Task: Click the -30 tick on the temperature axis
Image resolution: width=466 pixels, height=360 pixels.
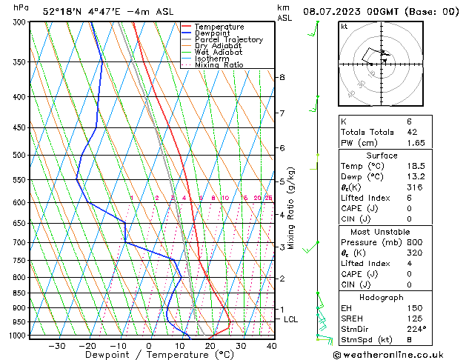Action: (x=56, y=346)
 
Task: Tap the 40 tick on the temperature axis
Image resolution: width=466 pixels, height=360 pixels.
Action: (x=271, y=346)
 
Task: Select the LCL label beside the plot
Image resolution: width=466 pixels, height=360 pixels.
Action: (x=291, y=319)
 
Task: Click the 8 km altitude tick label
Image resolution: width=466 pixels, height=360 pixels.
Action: (x=282, y=77)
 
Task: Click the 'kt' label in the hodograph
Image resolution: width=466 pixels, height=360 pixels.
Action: (x=344, y=27)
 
